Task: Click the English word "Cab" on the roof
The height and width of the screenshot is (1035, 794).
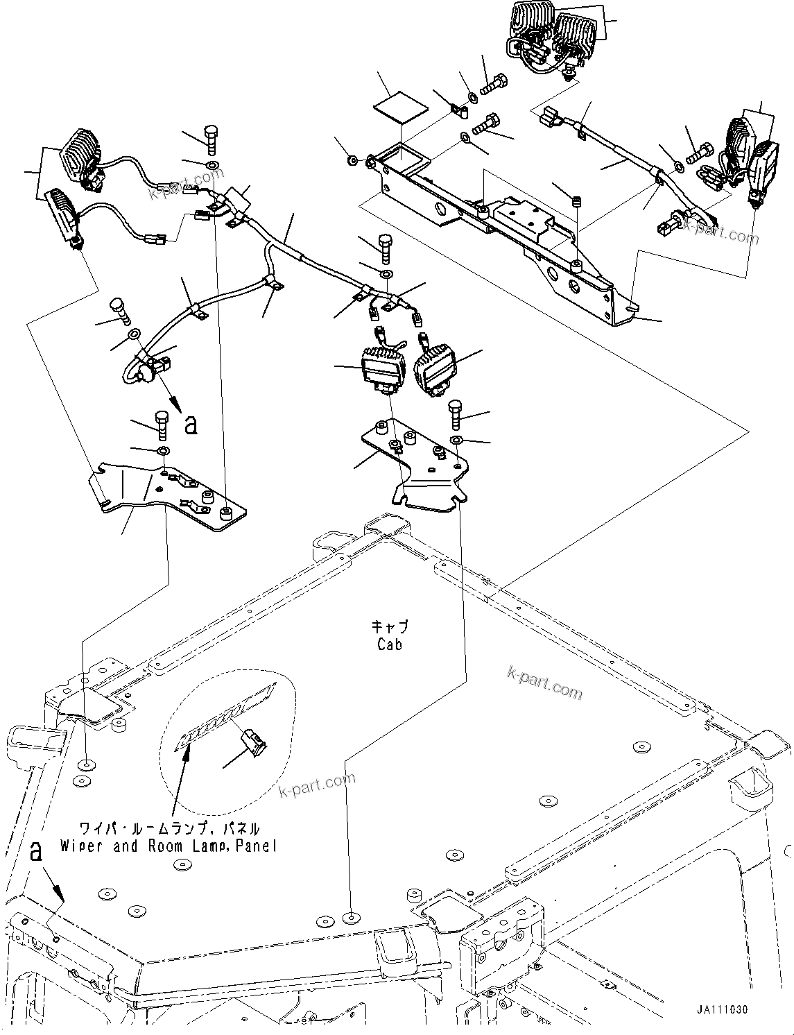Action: tap(390, 644)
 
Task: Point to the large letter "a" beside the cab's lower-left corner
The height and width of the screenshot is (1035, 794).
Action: tap(35, 852)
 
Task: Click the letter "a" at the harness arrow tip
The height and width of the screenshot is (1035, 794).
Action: tap(191, 424)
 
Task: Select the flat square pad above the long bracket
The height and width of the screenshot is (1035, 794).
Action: tap(400, 107)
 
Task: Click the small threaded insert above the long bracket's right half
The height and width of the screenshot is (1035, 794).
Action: tap(575, 202)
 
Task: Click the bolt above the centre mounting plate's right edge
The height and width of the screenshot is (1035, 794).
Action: tap(456, 414)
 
